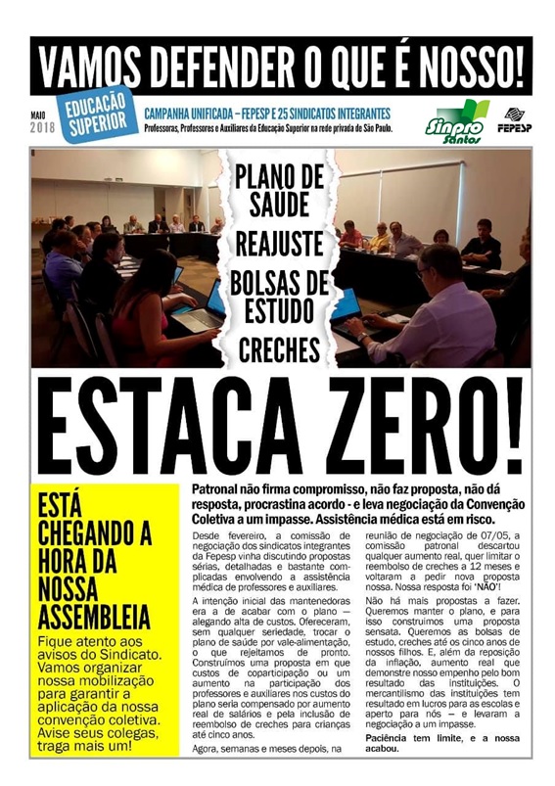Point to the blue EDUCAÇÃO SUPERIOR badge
[97, 116]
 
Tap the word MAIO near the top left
[38, 116]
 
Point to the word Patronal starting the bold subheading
[220, 487]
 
